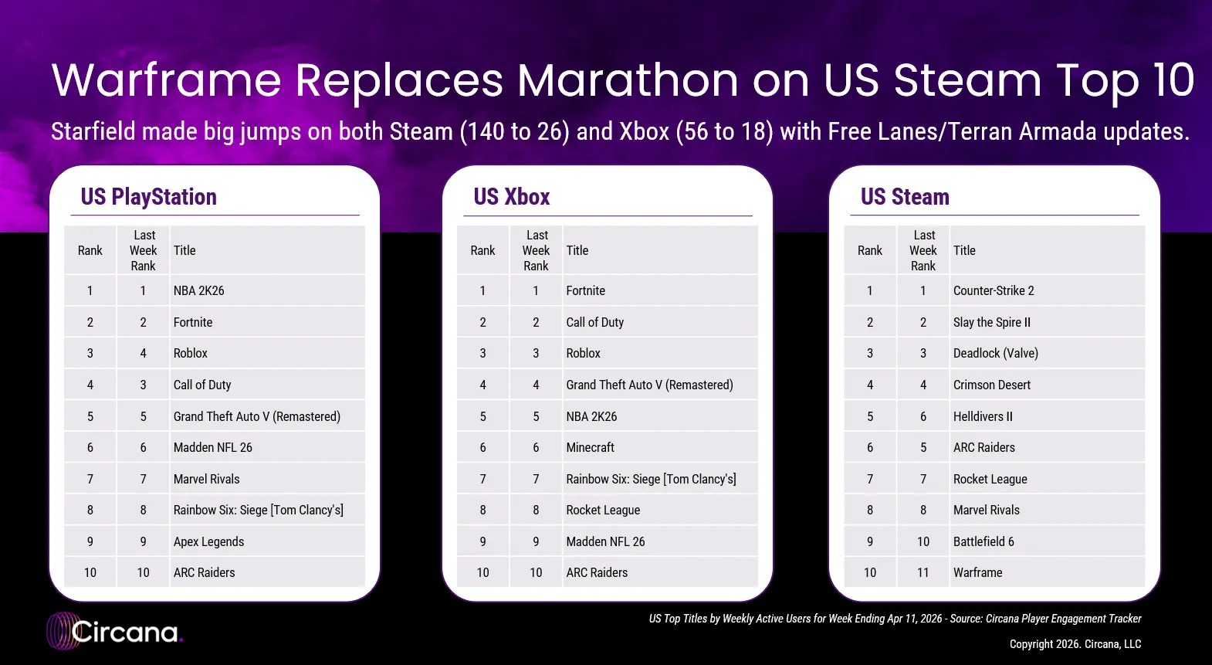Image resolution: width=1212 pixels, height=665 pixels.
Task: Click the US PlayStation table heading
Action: pyautogui.click(x=148, y=197)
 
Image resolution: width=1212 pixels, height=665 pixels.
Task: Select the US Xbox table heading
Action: pyautogui.click(x=511, y=197)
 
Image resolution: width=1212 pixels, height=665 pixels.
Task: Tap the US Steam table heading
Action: pyautogui.click(x=905, y=197)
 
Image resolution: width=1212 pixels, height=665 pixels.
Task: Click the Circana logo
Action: pyautogui.click(x=115, y=632)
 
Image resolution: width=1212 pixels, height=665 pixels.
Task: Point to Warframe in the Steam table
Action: pyautogui.click(x=978, y=572)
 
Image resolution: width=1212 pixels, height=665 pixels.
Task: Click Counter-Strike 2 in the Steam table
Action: pyautogui.click(x=994, y=291)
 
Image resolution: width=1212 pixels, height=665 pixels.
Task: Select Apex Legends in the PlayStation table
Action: pyautogui.click(x=208, y=541)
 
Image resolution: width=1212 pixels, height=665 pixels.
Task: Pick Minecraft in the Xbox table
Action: pyautogui.click(x=590, y=447)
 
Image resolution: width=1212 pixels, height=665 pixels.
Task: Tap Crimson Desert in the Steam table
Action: pyautogui.click(x=992, y=385)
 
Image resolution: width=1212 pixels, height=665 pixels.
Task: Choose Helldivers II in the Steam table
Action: pyautogui.click(x=983, y=416)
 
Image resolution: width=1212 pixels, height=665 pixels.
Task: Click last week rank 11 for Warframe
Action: pyautogui.click(x=923, y=572)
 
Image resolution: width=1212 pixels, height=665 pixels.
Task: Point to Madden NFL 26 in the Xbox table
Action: pyautogui.click(x=605, y=541)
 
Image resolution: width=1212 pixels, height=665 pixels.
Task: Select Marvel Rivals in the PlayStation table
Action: pyautogui.click(x=206, y=480)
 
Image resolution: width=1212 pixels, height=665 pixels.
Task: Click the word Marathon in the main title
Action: pyautogui.click(x=628, y=80)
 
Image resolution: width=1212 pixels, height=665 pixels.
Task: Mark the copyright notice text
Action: pyautogui.click(x=1075, y=644)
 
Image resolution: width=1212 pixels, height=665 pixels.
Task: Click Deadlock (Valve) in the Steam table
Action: pyautogui.click(x=996, y=354)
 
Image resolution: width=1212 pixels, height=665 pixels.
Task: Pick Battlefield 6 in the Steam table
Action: pyautogui.click(x=983, y=541)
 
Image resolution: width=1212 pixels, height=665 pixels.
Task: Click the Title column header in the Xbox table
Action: pyautogui.click(x=577, y=250)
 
